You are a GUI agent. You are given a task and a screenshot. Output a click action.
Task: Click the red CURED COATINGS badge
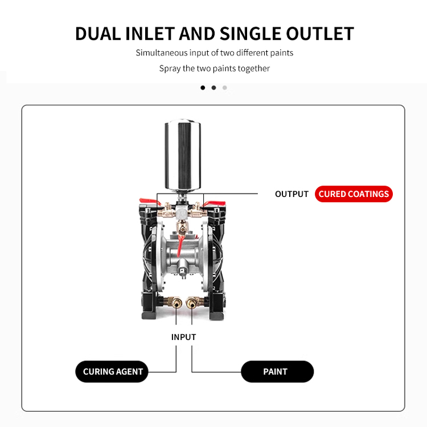(x=354, y=194)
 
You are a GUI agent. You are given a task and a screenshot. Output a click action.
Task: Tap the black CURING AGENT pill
(x=112, y=371)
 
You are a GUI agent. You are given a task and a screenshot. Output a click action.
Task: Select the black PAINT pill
(x=277, y=371)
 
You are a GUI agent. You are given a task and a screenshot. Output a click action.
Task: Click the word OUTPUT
(x=291, y=194)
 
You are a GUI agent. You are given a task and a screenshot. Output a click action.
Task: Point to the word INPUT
(x=183, y=337)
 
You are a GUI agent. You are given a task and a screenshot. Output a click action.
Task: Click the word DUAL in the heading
(x=98, y=34)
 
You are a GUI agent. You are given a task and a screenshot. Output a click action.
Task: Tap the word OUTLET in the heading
(x=320, y=34)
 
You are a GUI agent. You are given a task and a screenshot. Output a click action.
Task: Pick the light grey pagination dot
(x=225, y=88)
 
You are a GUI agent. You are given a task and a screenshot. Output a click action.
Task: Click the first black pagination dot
(x=203, y=88)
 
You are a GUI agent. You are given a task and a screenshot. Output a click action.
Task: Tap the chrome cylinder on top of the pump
(x=183, y=155)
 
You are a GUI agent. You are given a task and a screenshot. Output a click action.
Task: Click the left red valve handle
(x=149, y=202)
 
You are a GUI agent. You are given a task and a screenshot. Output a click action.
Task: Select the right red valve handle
(x=215, y=203)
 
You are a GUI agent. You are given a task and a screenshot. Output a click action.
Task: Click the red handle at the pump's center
(x=180, y=245)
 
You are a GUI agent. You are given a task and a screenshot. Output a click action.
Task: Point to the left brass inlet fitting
(x=174, y=302)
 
